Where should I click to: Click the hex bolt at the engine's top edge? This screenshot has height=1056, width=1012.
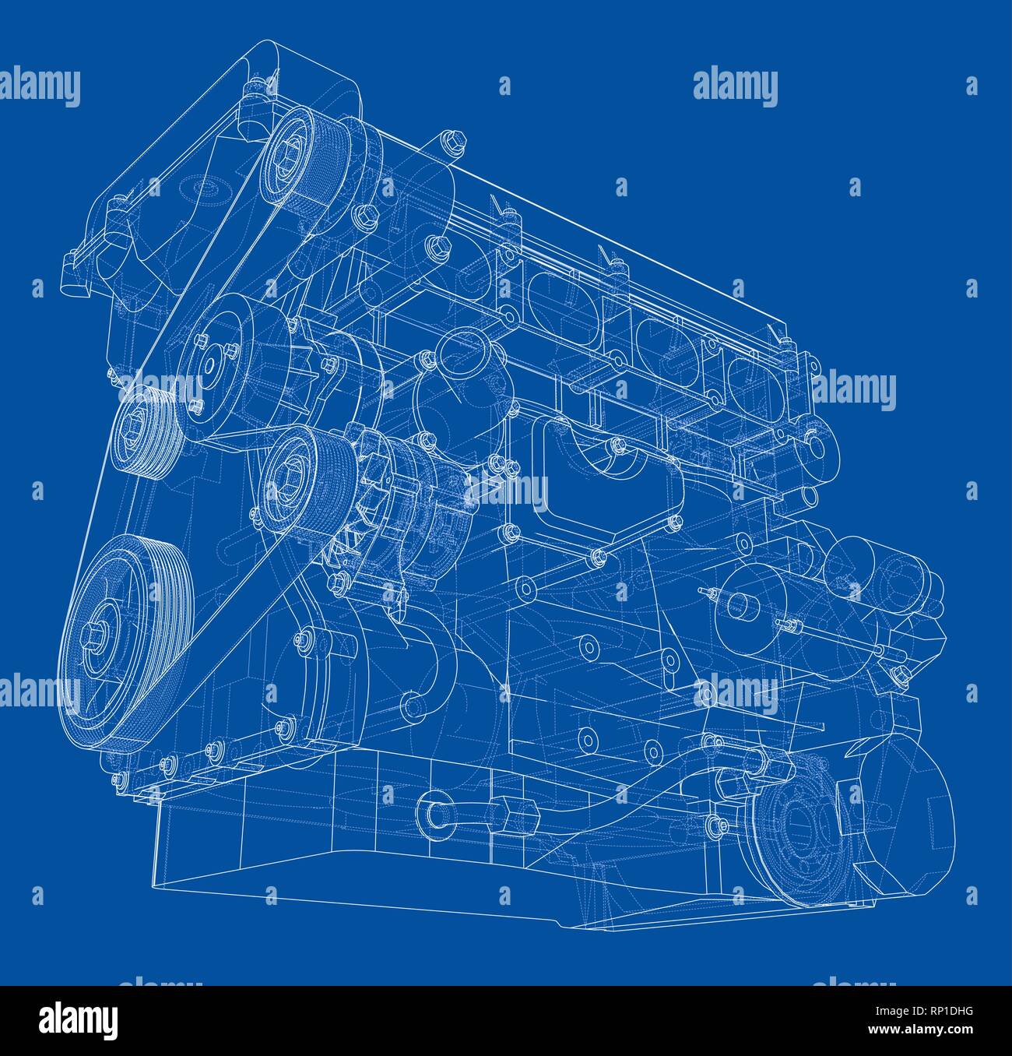coord(452,141)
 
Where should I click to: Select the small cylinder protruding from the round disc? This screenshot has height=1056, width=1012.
coord(735,607)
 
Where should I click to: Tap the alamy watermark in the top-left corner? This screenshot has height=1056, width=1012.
coord(40,86)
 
